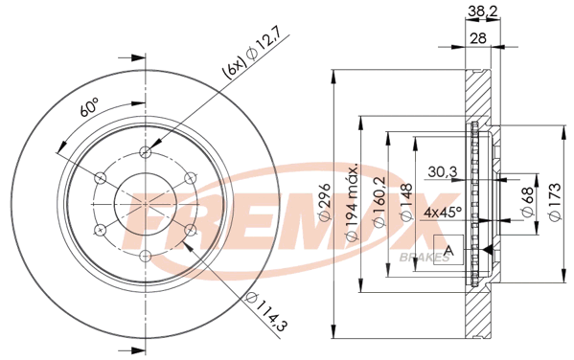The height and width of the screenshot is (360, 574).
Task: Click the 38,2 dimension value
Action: coord(483,11)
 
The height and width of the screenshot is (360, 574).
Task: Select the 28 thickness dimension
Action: coord(477,37)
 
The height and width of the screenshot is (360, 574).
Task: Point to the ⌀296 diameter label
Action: coord(325,202)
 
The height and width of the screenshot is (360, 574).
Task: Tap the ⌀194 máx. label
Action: coord(352,202)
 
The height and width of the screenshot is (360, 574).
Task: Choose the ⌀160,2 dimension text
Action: coord(379,202)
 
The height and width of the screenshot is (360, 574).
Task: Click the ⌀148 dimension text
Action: coord(406,202)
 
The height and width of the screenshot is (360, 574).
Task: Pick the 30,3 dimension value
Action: coord(442,171)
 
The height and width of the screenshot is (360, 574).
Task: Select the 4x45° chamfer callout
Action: coord(443,212)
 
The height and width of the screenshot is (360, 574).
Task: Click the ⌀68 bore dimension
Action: coord(527,202)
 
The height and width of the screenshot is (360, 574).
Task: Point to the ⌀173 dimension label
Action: coord(555,202)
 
